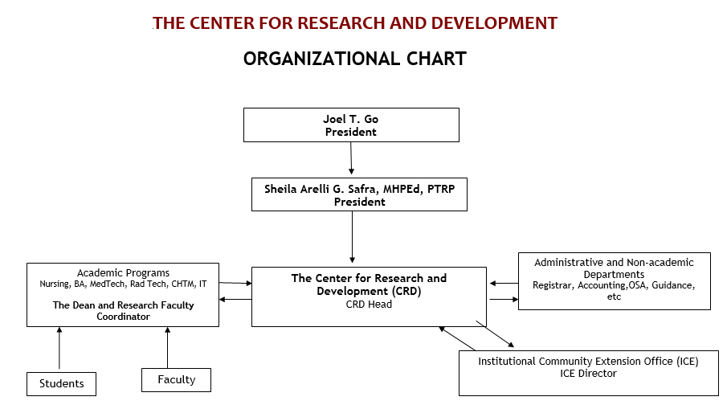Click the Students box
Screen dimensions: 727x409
click(61, 384)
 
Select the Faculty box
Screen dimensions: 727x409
click(176, 380)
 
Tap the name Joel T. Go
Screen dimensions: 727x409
click(350, 119)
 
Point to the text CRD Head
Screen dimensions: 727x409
click(369, 305)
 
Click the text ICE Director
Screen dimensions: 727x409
click(588, 374)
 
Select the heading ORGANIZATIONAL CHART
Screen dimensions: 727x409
click(355, 59)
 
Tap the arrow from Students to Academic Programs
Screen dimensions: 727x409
click(59, 348)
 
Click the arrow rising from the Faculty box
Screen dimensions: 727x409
click(167, 348)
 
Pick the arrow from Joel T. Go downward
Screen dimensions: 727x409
click(351, 158)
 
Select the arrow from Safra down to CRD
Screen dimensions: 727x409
click(353, 237)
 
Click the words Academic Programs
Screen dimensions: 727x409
click(123, 273)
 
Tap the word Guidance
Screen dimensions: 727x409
click(673, 285)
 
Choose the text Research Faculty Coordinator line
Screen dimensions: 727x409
click(124, 311)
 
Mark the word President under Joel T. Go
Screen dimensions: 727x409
click(350, 132)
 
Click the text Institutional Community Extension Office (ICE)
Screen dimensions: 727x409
click(588, 362)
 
